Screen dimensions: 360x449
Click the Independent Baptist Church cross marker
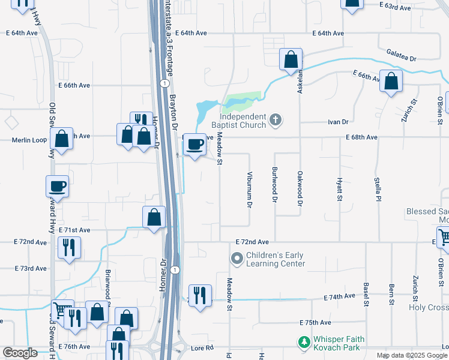pyautogui.click(x=276, y=119)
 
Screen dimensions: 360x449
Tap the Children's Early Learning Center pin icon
pyautogui.click(x=237, y=259)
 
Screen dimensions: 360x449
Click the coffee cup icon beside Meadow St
pyautogui.click(x=195, y=145)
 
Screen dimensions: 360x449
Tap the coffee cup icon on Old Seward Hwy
pyautogui.click(x=57, y=186)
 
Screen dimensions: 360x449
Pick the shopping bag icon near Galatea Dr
pyautogui.click(x=291, y=59)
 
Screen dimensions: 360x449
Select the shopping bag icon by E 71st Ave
pyautogui.click(x=154, y=217)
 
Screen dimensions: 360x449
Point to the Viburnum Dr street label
pyautogui.click(x=249, y=190)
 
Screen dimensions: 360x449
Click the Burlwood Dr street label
pyautogui.click(x=275, y=184)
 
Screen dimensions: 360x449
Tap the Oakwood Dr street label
pyautogui.click(x=300, y=188)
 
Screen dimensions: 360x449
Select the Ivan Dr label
pyautogui.click(x=338, y=122)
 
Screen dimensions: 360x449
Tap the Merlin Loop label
pyautogui.click(x=29, y=140)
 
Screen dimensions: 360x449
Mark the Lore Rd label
pyautogui.click(x=202, y=347)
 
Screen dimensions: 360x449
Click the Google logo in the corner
pyautogui.click(x=20, y=353)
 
